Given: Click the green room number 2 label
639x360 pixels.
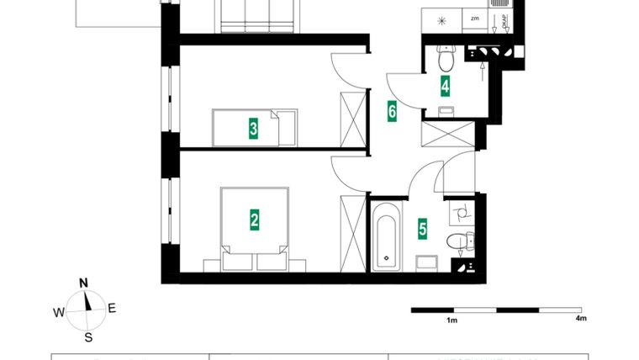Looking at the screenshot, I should point(254,220).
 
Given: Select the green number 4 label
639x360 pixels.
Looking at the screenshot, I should point(445,84).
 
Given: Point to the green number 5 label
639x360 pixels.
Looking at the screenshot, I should point(422,227).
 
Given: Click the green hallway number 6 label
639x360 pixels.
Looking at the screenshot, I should point(392,110).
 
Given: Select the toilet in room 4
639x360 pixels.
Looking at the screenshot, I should point(446,57).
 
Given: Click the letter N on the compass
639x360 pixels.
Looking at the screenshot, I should point(84,283).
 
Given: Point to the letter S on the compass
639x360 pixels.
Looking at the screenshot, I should point(88,337).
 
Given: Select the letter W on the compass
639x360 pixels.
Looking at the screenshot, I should point(59,313).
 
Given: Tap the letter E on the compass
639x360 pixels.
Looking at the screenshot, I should point(112,308).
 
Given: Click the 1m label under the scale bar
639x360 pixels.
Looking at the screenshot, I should point(452,320).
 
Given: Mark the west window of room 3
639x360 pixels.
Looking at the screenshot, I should point(172,99).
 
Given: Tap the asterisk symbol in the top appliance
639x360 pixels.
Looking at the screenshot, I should point(443,19).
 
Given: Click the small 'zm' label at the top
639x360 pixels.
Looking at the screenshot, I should point(475,18).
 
